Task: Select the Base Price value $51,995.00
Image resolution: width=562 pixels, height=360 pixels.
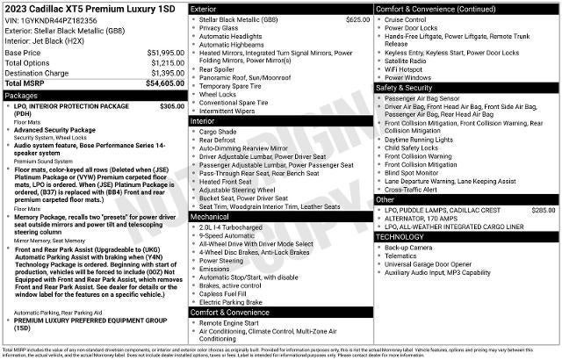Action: (x=160, y=52)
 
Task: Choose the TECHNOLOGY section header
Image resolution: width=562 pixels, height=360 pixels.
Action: (x=400, y=237)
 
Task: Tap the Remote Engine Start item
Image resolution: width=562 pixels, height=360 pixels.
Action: (x=233, y=322)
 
